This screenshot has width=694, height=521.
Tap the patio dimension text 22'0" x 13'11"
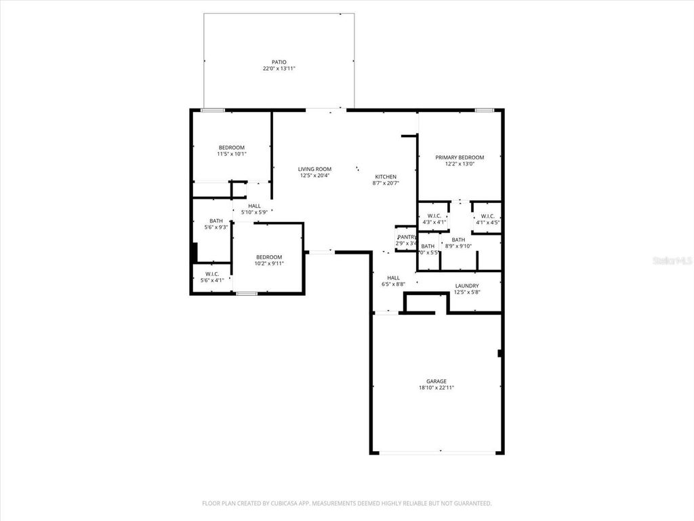(279, 69)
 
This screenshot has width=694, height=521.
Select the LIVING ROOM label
(315, 169)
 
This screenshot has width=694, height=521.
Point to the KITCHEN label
(386, 176)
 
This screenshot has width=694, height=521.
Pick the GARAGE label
(436, 381)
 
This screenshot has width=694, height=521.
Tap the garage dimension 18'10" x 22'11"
(436, 388)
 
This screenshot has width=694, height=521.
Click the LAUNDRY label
(467, 286)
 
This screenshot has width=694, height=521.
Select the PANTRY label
(407, 237)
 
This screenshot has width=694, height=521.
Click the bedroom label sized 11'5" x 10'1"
(231, 147)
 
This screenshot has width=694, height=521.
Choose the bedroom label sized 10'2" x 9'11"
(268, 256)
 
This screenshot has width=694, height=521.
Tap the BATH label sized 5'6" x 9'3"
(216, 220)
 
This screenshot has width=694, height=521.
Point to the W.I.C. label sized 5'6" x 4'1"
(211, 274)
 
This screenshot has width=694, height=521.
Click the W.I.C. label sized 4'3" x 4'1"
(434, 216)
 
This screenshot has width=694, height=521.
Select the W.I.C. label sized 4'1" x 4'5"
(487, 216)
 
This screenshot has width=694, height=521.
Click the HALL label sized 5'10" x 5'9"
(254, 206)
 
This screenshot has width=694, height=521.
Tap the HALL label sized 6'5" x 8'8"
(393, 277)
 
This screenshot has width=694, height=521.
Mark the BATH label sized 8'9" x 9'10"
(459, 239)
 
